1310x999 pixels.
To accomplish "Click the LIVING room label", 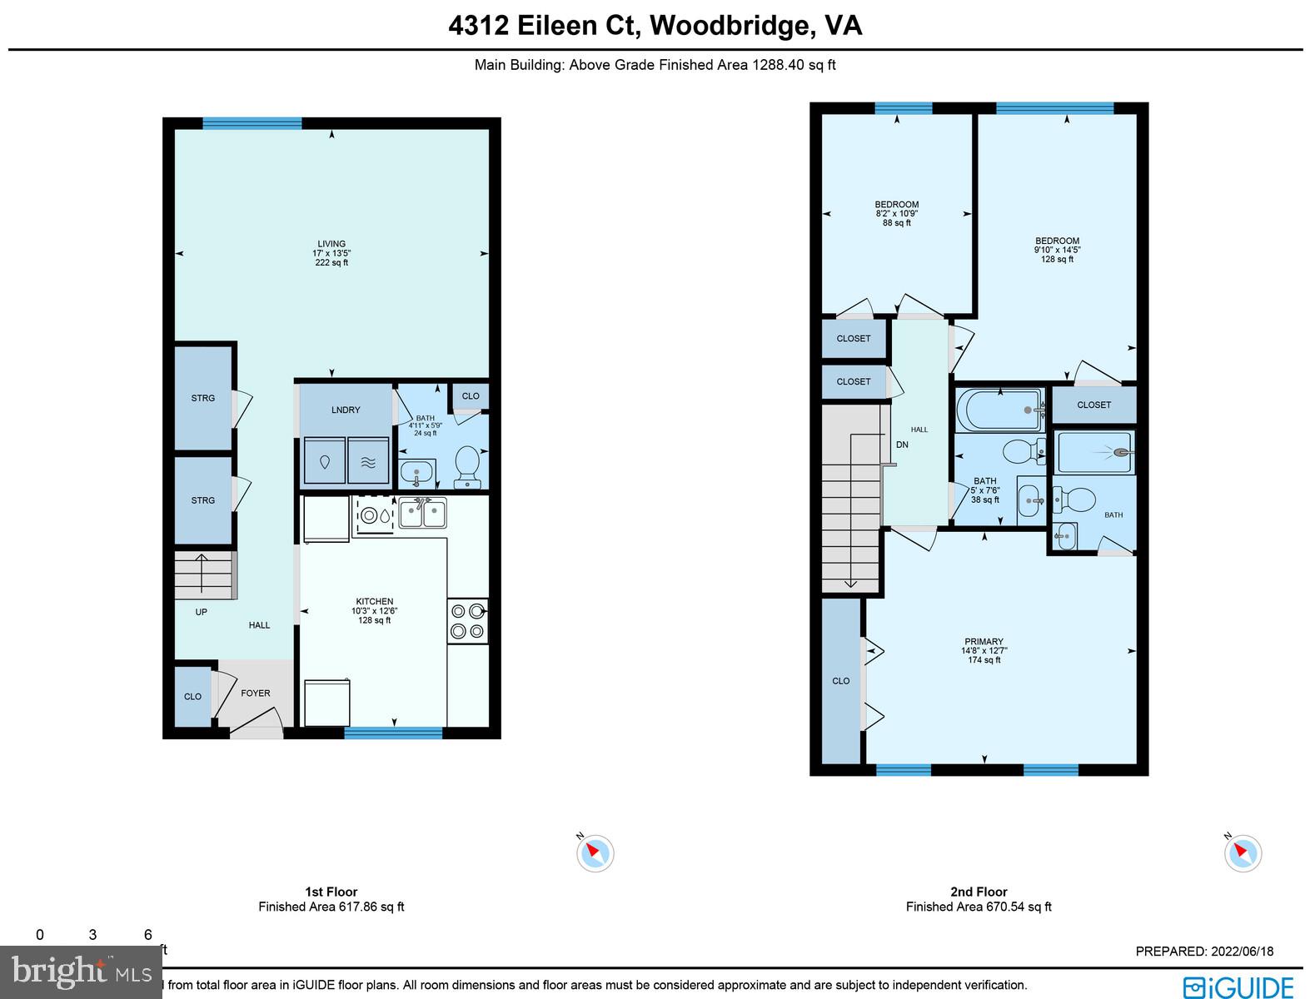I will coord(331,244).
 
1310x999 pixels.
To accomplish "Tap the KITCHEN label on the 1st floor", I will coord(375,601).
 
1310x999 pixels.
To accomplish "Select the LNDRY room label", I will coord(346,410).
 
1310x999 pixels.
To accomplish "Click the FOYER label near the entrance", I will coord(256,693).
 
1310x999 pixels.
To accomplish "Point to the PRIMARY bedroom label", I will coord(984,642).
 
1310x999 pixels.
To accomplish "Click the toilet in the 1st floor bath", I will coord(467,465).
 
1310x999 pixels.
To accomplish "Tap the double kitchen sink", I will coord(422,513).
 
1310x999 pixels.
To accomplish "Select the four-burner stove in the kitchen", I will coord(467,621).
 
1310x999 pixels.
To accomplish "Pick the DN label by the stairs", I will coord(902,445).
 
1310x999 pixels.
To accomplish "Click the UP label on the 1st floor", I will coord(201,612).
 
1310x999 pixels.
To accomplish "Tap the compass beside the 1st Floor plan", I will coord(595,852).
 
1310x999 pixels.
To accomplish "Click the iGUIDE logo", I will coord(1238,987).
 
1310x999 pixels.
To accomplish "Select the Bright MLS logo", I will coord(82,972).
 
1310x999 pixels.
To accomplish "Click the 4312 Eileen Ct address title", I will coord(655,26).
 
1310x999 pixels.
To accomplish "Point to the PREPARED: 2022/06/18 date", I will coord(1204,952).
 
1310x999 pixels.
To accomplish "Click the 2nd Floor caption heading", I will coord(979,892).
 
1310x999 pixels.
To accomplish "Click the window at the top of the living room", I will coord(252,123).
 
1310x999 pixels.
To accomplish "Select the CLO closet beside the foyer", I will coord(192,697).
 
